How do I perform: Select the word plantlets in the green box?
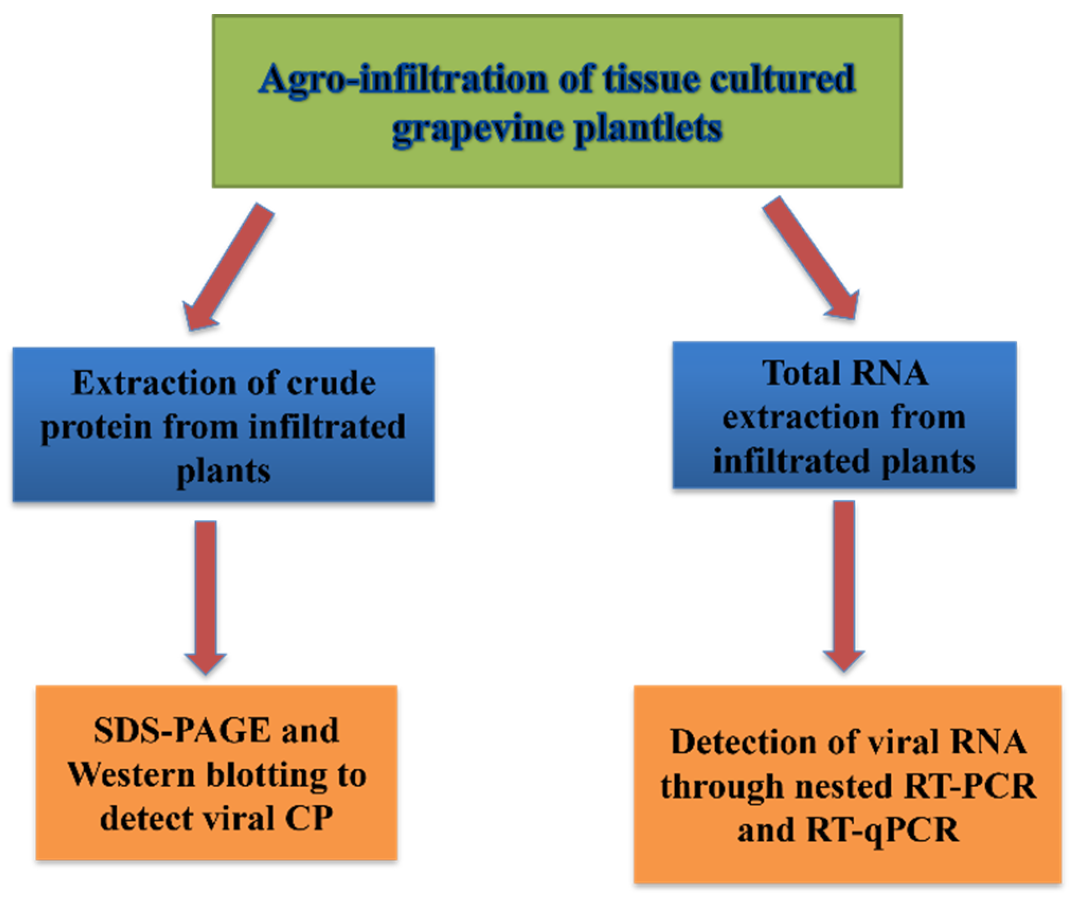[x=648, y=129]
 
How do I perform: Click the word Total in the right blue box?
[x=799, y=373]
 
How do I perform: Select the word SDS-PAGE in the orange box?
[x=182, y=731]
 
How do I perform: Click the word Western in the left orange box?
[x=132, y=775]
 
